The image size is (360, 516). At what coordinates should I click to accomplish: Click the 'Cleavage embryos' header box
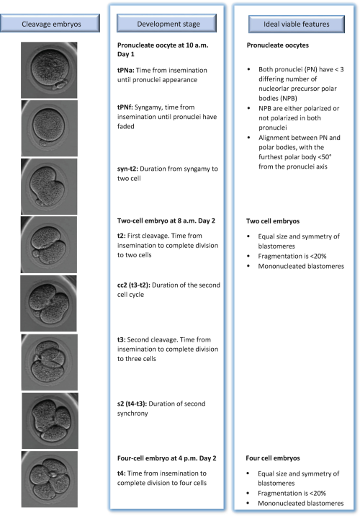pos(50,23)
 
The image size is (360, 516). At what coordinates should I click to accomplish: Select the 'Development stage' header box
pos(167,23)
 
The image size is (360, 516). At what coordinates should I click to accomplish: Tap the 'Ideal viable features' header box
pos(297,24)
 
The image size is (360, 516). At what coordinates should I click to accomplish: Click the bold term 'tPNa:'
pos(125,70)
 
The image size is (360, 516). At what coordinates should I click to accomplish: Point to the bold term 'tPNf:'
pos(125,107)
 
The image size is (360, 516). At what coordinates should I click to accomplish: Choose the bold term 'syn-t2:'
pos(127,169)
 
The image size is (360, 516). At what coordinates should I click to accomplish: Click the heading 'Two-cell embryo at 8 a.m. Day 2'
pos(166,221)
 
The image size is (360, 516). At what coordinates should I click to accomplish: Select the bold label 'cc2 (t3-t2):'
pos(134,285)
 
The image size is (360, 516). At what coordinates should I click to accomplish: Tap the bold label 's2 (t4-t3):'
pos(132,404)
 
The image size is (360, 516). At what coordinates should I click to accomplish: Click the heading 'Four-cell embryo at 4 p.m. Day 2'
pos(167,458)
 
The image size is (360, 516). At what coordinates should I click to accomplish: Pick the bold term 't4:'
pos(121,473)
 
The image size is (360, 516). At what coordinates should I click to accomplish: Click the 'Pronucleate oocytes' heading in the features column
pos(278,45)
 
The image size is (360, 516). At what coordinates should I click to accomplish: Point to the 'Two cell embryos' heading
pos(273,221)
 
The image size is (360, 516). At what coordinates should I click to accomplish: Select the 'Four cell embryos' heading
pos(273,458)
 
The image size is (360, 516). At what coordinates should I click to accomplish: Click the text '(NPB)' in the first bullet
pos(278,98)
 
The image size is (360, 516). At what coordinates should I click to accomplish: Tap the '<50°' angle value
pos(325,157)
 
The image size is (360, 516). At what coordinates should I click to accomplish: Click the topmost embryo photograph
pos(49,70)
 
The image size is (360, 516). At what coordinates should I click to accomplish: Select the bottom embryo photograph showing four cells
pos(50,479)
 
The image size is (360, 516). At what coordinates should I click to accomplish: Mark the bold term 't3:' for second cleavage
pos(121,339)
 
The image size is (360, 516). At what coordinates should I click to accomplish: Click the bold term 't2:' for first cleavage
pos(121,236)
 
